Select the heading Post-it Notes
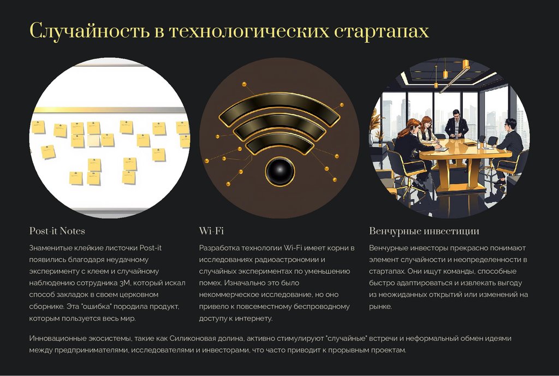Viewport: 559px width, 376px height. click(x=57, y=231)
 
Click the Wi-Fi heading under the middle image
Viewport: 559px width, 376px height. click(x=212, y=231)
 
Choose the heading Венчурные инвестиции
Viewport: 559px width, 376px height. click(x=424, y=231)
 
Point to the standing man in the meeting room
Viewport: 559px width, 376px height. click(x=456, y=126)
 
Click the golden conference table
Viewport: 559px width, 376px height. click(x=464, y=150)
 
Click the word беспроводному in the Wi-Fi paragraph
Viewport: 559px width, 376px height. click(x=323, y=306)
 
